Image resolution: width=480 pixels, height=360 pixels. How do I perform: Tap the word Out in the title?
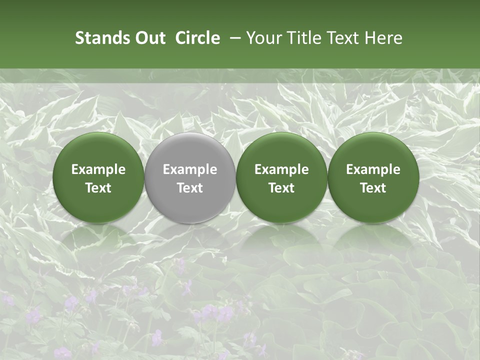click(150, 38)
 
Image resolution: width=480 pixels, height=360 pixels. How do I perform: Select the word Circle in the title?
click(197, 38)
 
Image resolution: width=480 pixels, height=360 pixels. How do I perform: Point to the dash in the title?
click(233, 38)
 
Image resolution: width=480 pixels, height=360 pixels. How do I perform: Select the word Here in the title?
click(383, 38)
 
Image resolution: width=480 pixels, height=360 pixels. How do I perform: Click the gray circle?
click(190, 177)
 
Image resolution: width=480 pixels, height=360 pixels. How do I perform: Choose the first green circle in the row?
click(98, 177)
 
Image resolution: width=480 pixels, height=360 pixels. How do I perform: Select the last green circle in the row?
click(373, 177)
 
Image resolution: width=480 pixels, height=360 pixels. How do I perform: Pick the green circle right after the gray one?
click(281, 177)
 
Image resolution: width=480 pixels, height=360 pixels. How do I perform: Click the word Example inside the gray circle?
click(190, 169)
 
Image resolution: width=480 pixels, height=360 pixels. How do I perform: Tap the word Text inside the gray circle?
click(190, 188)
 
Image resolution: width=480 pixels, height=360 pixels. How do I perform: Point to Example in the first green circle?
click(98, 169)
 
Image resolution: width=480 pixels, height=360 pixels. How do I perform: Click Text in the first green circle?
click(98, 188)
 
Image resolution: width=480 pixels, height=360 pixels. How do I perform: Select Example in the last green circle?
click(373, 169)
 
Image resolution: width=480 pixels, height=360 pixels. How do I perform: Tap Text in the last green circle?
click(373, 188)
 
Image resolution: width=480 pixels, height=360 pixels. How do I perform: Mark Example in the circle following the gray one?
click(281, 169)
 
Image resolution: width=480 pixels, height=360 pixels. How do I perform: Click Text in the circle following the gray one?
click(281, 188)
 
